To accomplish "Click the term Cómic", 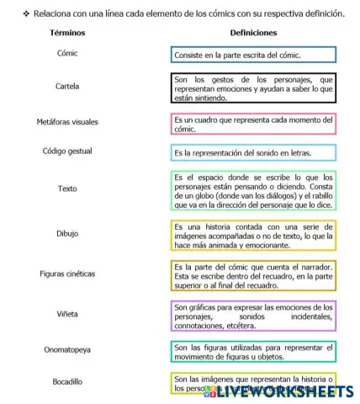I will (x=67, y=54).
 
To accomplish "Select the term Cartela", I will (x=67, y=87).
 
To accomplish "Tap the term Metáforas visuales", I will (x=67, y=122).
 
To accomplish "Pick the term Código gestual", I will (x=67, y=151).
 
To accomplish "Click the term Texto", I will (x=67, y=189).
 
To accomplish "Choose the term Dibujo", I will (x=67, y=233).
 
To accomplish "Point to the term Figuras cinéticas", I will (x=67, y=274).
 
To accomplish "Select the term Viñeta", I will (x=67, y=313).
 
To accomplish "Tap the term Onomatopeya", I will (x=67, y=348).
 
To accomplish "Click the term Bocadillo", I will (x=67, y=381).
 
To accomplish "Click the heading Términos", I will (x=67, y=31).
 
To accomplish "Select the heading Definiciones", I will (x=252, y=31).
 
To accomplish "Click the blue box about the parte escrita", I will (x=253, y=55).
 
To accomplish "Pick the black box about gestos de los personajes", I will (x=253, y=88).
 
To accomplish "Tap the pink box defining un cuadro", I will (x=253, y=124).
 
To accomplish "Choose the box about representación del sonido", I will (x=253, y=153).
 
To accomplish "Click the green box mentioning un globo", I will (x=253, y=191).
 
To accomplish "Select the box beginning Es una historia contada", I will (x=253, y=236).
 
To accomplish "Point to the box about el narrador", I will (x=253, y=275).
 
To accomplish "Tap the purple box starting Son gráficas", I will (x=253, y=316).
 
